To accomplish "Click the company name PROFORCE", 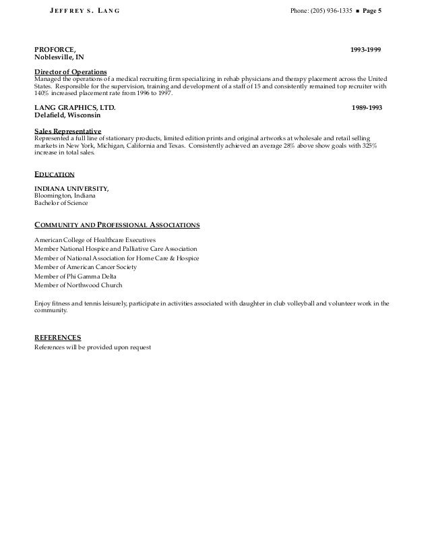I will (55, 50).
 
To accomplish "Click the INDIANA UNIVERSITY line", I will (71, 188).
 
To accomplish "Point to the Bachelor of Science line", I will (61, 203).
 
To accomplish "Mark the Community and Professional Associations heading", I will (117, 225).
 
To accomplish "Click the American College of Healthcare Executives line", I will (95, 239).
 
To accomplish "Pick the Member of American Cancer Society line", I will (85, 267).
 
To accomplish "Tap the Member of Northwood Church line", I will (78, 285).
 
